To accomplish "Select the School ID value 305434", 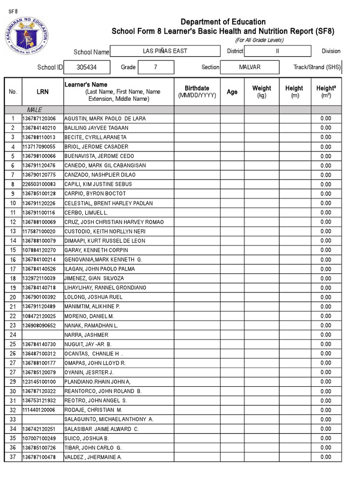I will (87, 67).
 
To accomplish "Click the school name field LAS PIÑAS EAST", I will (165, 51).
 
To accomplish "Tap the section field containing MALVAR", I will (249, 67).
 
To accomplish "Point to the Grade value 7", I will (155, 67).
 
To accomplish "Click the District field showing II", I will (277, 51).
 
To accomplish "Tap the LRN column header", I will (42, 92).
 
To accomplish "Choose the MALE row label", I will (34, 109).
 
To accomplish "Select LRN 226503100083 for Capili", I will (42, 184).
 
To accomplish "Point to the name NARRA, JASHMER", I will (86, 335).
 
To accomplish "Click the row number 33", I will (13, 420).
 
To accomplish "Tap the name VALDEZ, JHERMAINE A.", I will (93, 457).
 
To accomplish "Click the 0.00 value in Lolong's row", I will (326, 297).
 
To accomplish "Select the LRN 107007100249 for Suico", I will (42, 438).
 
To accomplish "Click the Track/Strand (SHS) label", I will (317, 67).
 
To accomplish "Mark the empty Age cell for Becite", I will (232, 137).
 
